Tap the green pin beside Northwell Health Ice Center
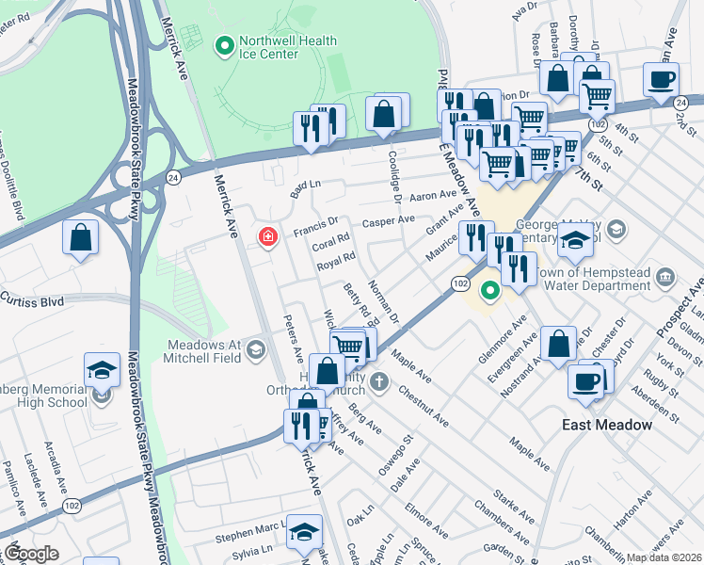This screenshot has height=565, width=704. [224, 44]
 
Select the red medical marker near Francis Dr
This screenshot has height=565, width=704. [268, 237]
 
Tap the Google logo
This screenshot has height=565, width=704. [31, 553]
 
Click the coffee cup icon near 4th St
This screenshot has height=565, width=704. [661, 79]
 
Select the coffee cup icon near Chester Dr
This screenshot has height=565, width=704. [585, 381]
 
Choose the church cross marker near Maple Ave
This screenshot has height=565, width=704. [378, 381]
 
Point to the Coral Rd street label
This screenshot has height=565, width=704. [332, 240]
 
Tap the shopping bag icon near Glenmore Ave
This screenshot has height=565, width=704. [559, 345]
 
